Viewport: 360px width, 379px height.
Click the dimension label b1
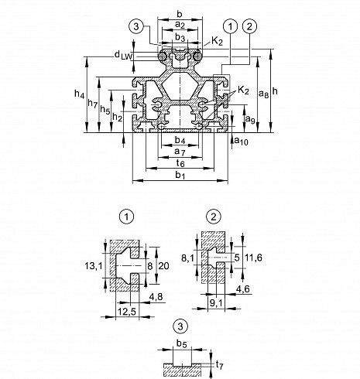click(x=180, y=176)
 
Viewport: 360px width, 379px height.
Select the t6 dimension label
click(x=180, y=163)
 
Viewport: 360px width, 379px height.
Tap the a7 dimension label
click(x=180, y=152)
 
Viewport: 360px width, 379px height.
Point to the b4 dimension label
click(x=180, y=141)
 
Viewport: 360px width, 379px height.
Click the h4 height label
click(x=79, y=94)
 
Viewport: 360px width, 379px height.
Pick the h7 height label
click(x=93, y=104)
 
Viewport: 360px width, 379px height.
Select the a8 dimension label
click(x=263, y=94)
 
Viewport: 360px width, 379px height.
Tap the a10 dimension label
click(x=241, y=141)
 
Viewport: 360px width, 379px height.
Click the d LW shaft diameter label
click(x=123, y=55)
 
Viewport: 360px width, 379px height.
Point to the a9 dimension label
click(x=250, y=119)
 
